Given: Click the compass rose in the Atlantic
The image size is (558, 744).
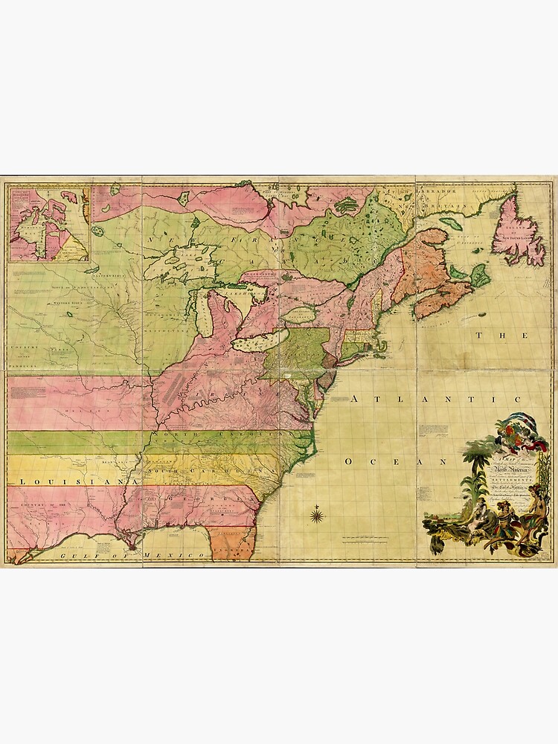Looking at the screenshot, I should pyautogui.click(x=317, y=514).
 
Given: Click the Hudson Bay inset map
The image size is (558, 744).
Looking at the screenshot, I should pyautogui.click(x=48, y=224).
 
